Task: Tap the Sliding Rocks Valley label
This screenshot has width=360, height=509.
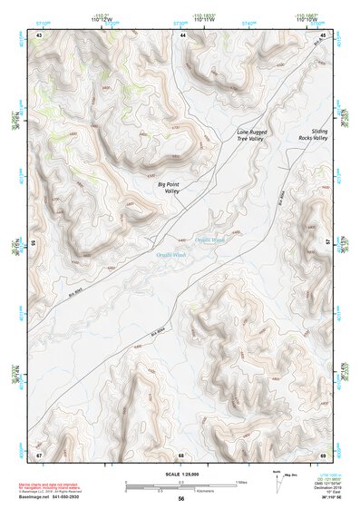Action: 313,136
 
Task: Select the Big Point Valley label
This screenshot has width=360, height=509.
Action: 169,189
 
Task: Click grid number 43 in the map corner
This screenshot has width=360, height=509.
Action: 39,34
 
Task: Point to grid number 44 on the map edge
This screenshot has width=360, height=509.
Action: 182,34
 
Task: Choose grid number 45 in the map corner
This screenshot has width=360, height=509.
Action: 324,34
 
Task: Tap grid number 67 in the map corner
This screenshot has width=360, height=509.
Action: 39,454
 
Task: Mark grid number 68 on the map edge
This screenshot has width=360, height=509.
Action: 181,454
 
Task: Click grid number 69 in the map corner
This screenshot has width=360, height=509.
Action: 324,454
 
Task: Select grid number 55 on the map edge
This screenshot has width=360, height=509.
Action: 35,243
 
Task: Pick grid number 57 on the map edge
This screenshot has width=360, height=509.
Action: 327,243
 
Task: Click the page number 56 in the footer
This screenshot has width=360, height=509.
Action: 181,499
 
